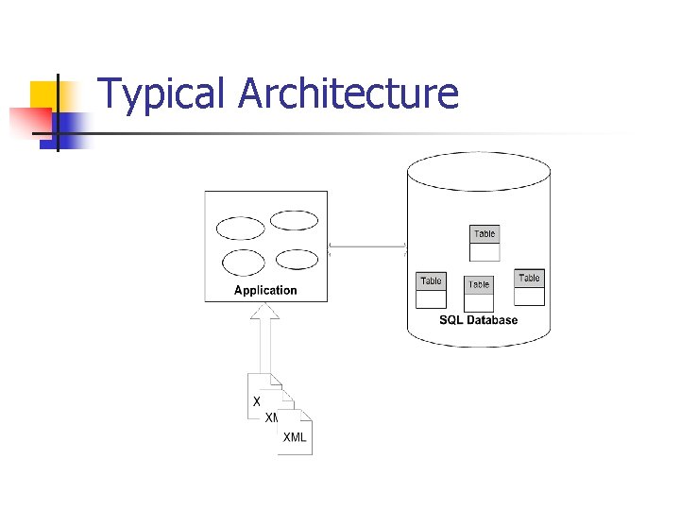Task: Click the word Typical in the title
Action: [161, 94]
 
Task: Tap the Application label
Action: [265, 291]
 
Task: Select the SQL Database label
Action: [479, 320]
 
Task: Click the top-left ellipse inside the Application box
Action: [241, 229]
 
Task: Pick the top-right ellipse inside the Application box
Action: [294, 220]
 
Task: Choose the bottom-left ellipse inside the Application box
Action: [243, 263]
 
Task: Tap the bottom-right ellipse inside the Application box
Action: [297, 260]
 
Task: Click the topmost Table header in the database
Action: [484, 234]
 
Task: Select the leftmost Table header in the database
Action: [432, 281]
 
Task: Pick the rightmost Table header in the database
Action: [530, 278]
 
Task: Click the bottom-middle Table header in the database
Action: [479, 284]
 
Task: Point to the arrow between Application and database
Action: [366, 248]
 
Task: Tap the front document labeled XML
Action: [295, 437]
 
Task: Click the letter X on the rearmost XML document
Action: [257, 401]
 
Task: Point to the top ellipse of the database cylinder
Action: [478, 172]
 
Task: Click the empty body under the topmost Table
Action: [484, 252]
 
